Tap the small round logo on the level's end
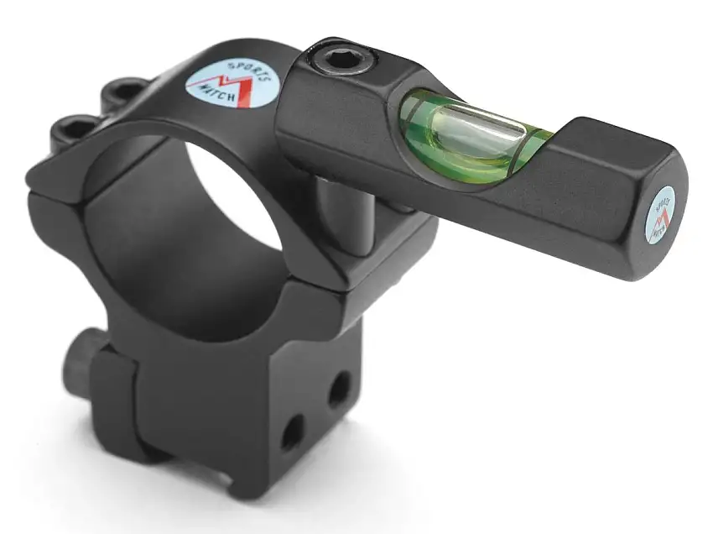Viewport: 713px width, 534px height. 664,211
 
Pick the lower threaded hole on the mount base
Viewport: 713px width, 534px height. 293,433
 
